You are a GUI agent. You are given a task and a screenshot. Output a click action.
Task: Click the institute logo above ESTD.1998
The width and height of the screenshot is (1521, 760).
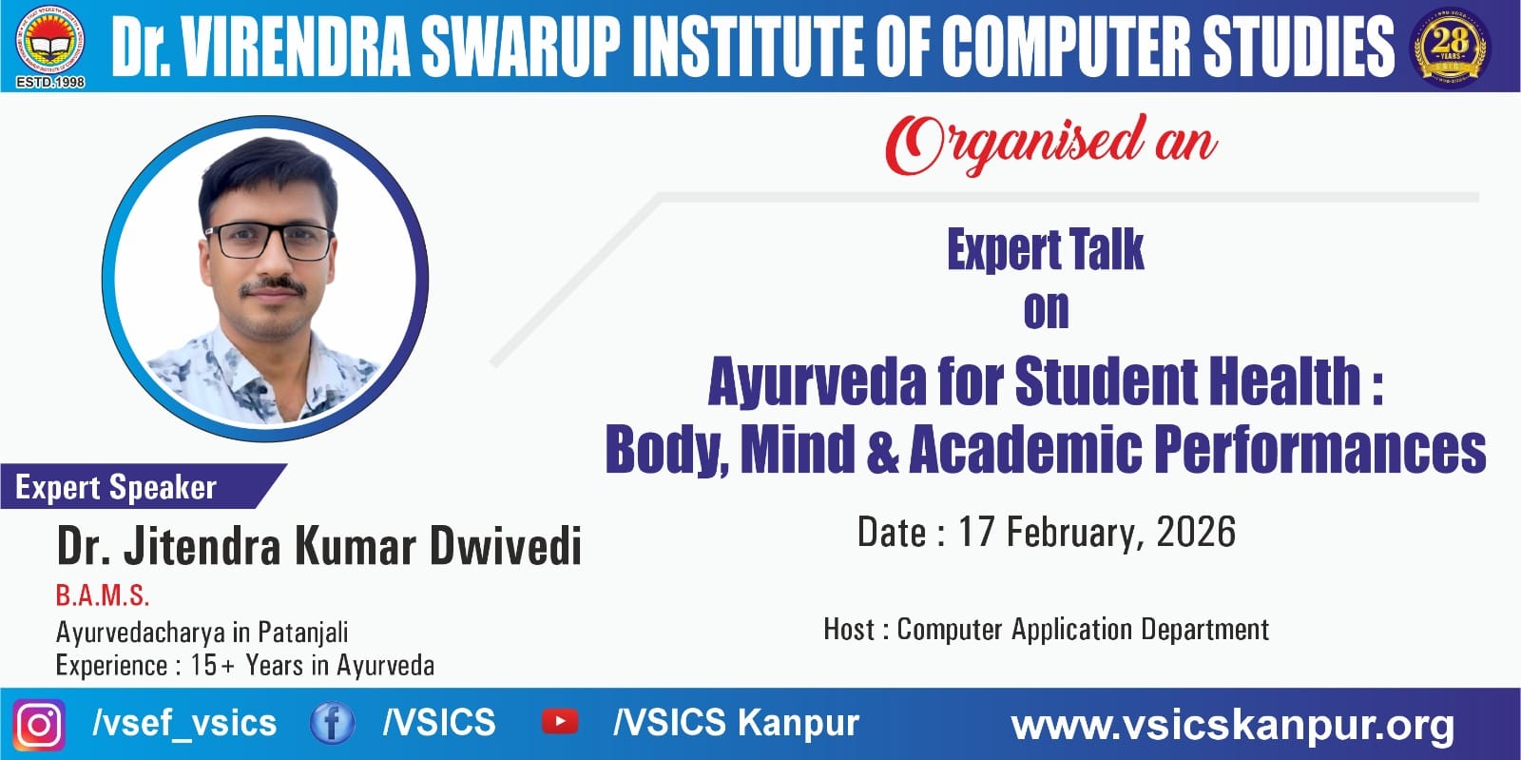(x=50, y=40)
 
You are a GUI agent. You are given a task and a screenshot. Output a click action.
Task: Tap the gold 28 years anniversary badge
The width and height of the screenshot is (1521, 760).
(x=1450, y=48)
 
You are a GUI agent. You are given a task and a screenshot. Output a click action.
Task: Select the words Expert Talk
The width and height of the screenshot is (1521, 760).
(x=1046, y=249)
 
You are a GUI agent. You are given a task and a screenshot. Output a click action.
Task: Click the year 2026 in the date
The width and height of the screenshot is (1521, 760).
(x=1196, y=531)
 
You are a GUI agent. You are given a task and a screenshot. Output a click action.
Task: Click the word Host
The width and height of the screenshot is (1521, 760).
(x=849, y=629)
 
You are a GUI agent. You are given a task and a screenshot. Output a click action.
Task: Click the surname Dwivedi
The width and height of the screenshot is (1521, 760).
(x=506, y=545)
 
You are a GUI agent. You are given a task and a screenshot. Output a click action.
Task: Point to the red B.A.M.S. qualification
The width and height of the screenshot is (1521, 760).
(x=103, y=595)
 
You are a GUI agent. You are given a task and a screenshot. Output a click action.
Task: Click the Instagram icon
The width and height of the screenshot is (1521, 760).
(x=39, y=724)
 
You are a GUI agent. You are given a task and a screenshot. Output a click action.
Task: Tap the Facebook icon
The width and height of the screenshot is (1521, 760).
(x=332, y=723)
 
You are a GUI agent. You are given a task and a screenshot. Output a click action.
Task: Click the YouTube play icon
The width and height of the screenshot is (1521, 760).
(x=560, y=722)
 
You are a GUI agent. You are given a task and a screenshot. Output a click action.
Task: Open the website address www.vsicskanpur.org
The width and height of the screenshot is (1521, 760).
(x=1232, y=726)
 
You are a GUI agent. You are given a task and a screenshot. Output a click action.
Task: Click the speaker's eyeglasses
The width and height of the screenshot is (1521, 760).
(x=270, y=241)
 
